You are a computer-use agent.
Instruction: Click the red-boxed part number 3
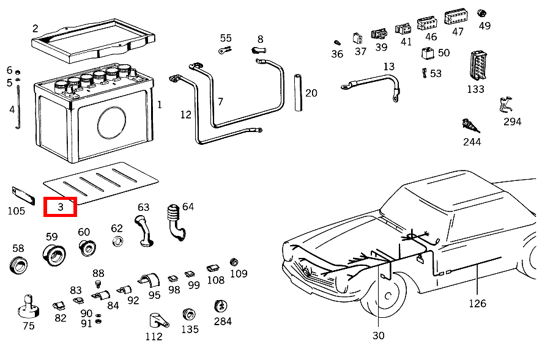(x=61, y=207)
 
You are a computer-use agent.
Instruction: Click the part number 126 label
(x=477, y=303)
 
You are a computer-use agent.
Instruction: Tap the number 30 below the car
(x=379, y=335)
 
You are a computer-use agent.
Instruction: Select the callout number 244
(x=472, y=142)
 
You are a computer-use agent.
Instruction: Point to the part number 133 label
(x=475, y=89)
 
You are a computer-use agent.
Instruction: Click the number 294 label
(x=512, y=122)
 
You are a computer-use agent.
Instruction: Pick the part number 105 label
(x=17, y=211)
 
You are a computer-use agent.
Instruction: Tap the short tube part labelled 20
(x=299, y=93)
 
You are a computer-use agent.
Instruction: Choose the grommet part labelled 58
(x=19, y=265)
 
